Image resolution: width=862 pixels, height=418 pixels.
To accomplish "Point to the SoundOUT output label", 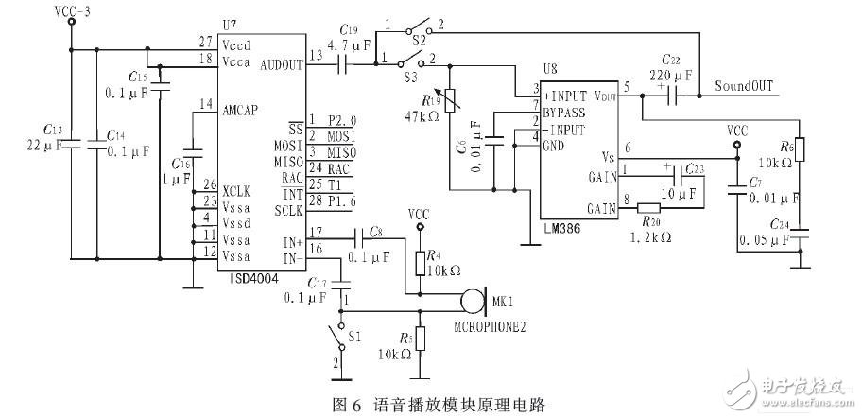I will click(x=745, y=86).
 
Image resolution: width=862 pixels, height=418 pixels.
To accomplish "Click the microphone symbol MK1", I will click(x=468, y=304).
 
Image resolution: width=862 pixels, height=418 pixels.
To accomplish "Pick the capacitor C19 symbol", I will click(x=344, y=64).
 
